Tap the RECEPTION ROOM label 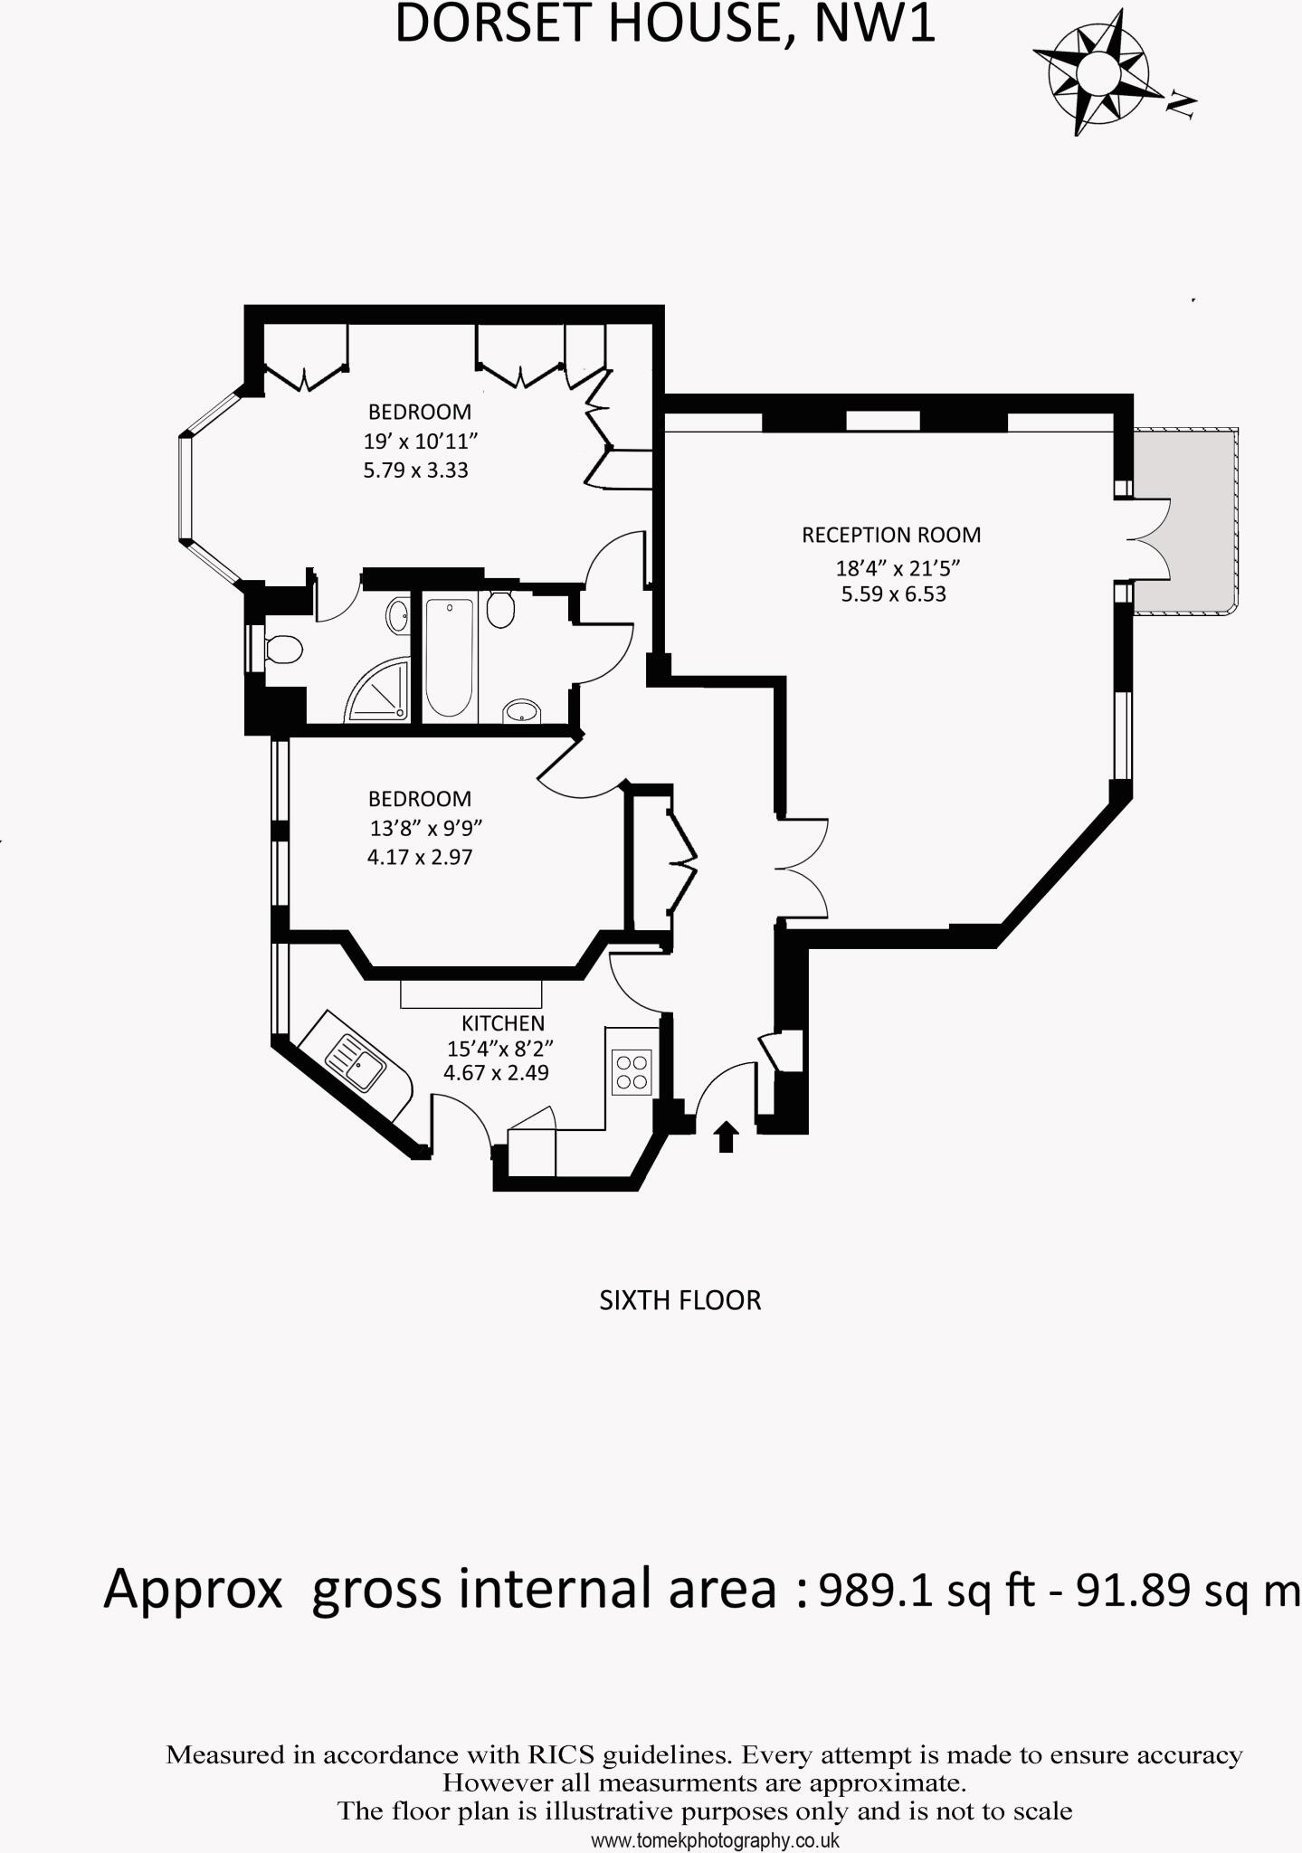click(x=890, y=535)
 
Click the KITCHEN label click(x=502, y=1023)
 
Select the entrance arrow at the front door click(x=725, y=1136)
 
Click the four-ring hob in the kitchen click(x=631, y=1071)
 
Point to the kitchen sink click(x=355, y=1062)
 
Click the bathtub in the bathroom click(x=448, y=656)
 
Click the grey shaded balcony click(x=1185, y=520)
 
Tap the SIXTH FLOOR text click(x=680, y=1301)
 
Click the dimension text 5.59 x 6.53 click(x=893, y=594)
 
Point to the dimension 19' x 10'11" click(x=420, y=442)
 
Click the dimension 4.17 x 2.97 click(x=420, y=857)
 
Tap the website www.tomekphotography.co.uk click(x=715, y=1840)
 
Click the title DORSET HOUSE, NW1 click(x=665, y=24)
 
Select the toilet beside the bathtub click(x=500, y=609)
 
